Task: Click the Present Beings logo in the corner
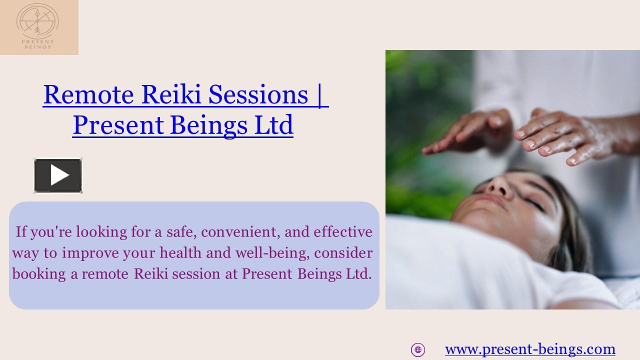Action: point(38,26)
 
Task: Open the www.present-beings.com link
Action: point(530,349)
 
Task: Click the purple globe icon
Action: point(418,349)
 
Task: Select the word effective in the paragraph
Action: point(342,232)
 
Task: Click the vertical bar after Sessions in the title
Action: point(319,94)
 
